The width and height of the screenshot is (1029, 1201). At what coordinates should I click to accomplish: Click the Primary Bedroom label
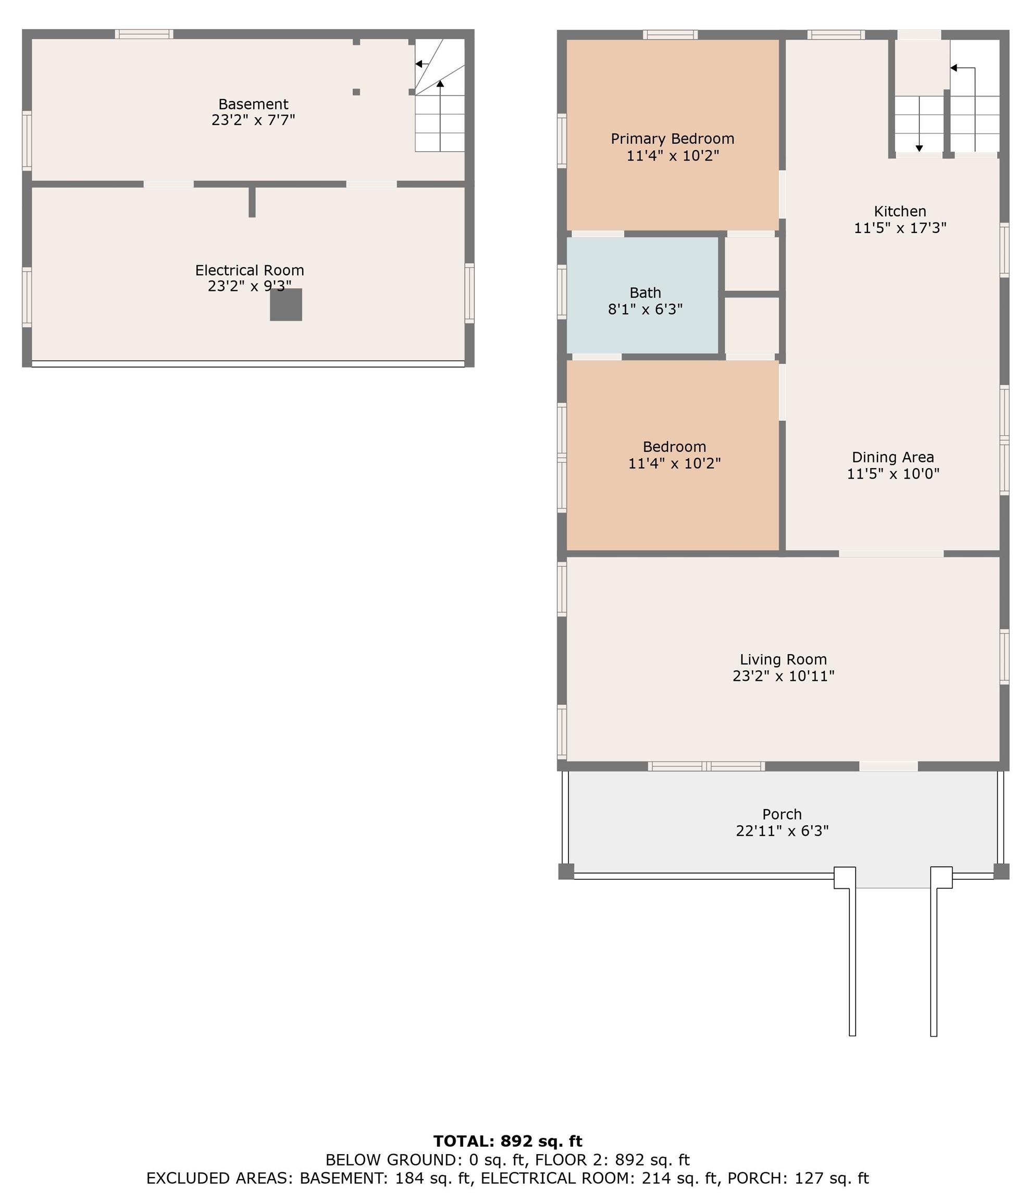[x=672, y=139]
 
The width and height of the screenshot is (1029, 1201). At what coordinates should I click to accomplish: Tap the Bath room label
[x=645, y=293]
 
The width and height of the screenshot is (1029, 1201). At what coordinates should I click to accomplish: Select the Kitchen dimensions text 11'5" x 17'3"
[x=900, y=228]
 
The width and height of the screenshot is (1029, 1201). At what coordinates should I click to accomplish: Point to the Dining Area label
[x=892, y=457]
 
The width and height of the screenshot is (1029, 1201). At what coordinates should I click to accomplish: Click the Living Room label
[x=783, y=659]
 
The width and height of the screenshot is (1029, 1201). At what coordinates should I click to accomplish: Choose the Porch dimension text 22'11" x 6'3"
[x=782, y=830]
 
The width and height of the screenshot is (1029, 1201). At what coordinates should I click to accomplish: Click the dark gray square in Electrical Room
[x=286, y=304]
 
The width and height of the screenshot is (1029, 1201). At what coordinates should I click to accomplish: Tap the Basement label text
[x=253, y=104]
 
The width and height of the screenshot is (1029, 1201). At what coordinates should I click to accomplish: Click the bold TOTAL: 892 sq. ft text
[x=507, y=1141]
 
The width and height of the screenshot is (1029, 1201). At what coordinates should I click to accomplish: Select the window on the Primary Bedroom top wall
[x=670, y=35]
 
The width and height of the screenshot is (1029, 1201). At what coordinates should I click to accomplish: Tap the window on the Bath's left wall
[x=562, y=291]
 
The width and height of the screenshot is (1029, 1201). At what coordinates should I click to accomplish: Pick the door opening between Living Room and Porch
[x=888, y=766]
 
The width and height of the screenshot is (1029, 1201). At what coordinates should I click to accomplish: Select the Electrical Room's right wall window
[x=469, y=293]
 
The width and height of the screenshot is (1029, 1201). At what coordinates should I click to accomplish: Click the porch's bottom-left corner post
[x=566, y=871]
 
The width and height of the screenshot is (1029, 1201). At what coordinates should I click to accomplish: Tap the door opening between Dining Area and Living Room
[x=890, y=554]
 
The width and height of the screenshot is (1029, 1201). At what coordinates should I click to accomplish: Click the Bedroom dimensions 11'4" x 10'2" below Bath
[x=674, y=463]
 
